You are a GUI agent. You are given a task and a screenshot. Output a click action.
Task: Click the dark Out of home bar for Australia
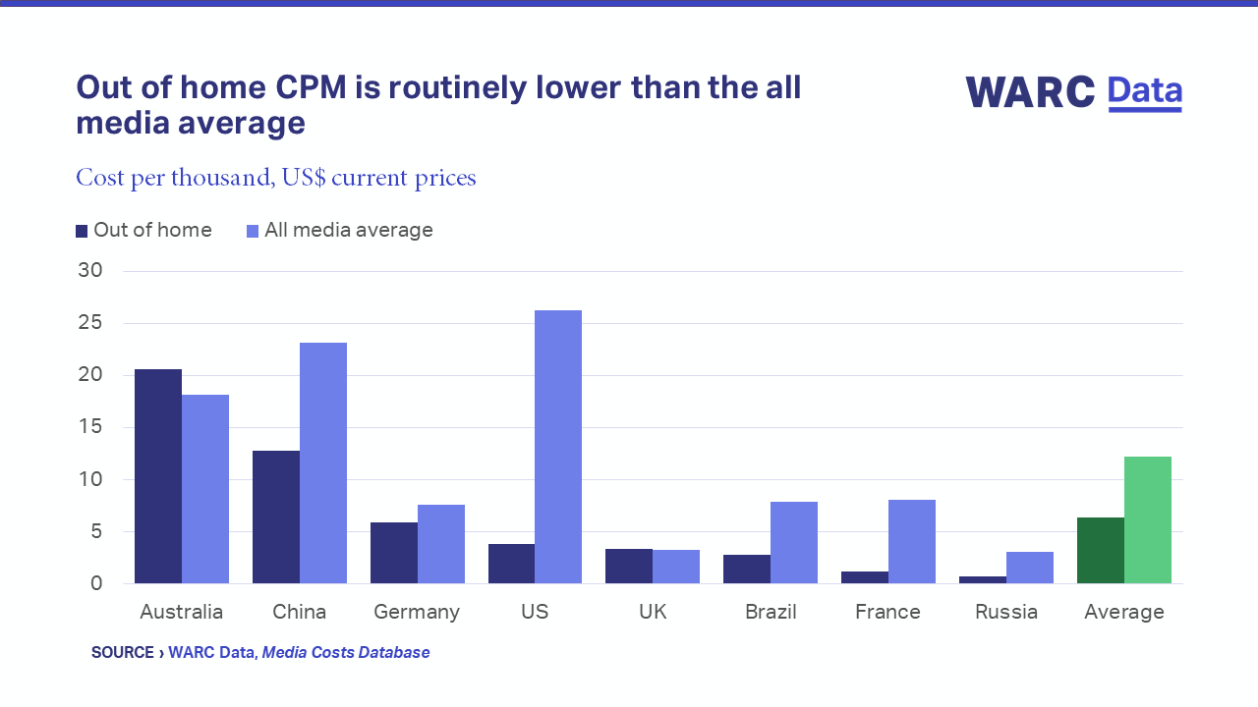click(158, 476)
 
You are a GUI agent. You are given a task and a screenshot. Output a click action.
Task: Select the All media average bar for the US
click(558, 447)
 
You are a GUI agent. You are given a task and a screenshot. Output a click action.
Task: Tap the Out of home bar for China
click(276, 517)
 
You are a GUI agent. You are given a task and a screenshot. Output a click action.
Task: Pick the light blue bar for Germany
click(441, 544)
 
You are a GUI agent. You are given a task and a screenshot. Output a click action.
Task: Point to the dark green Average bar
click(1101, 551)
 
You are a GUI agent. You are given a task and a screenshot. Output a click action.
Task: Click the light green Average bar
click(1148, 520)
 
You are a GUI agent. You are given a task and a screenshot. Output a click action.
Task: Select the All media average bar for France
click(912, 541)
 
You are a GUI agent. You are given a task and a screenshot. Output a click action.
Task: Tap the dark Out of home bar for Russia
click(983, 579)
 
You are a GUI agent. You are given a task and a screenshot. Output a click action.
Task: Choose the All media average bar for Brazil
click(794, 542)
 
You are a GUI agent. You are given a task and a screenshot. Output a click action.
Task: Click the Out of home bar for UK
click(629, 567)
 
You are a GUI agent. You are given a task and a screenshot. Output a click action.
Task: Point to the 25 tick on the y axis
click(90, 323)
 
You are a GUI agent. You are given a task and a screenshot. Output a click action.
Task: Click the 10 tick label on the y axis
click(90, 479)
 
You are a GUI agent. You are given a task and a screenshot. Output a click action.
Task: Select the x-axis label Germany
click(417, 612)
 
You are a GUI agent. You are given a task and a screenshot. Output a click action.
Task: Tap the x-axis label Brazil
click(771, 612)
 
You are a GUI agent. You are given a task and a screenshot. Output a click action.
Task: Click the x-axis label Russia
click(1006, 612)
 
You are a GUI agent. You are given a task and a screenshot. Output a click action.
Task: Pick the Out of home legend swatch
click(82, 231)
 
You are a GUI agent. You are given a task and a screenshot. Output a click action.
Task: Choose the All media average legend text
click(349, 230)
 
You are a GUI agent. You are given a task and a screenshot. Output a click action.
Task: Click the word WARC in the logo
click(1030, 92)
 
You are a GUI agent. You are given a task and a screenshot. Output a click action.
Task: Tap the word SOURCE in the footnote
click(123, 652)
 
